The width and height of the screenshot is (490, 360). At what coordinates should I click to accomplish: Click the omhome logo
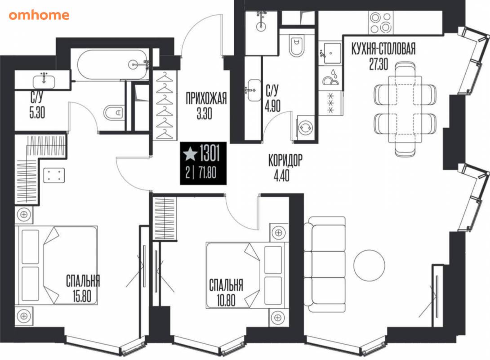coord(39,15)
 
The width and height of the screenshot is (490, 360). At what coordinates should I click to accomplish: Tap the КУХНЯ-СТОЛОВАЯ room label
coord(383,49)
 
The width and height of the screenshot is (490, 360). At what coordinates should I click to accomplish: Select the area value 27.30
coord(379,64)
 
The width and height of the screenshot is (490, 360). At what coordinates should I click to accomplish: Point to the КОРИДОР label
coord(285,161)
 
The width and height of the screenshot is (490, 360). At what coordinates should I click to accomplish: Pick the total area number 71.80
coord(207,172)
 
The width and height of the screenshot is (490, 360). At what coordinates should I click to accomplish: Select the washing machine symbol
coord(305,127)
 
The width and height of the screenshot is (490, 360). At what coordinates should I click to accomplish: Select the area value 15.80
coord(82,296)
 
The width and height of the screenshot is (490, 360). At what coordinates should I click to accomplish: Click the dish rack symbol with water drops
coord(330,77)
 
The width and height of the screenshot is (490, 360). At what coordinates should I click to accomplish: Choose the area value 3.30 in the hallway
coord(205,113)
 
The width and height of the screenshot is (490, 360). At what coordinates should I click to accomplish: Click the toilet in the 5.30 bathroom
coord(114,113)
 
